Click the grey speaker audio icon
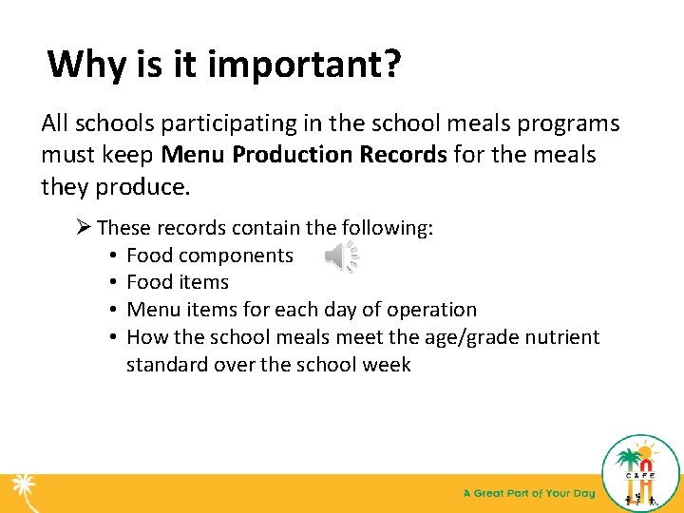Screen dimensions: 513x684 tap(341, 256)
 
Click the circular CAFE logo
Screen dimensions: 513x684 tap(641, 472)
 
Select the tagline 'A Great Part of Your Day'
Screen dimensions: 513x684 tap(529, 493)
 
